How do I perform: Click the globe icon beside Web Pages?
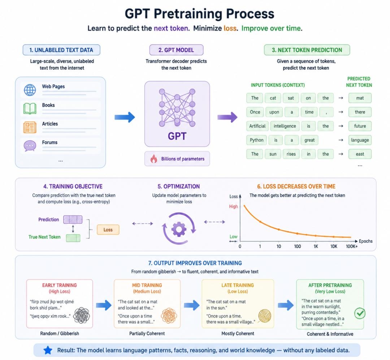pyautogui.click(x=30, y=90)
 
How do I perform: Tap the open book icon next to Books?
pyautogui.click(x=30, y=108)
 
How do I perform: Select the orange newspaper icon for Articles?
pyautogui.click(x=30, y=127)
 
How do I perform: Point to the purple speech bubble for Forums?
pyautogui.click(x=30, y=146)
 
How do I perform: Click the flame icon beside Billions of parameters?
pyautogui.click(x=154, y=159)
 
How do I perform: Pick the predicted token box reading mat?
pyautogui.click(x=360, y=98)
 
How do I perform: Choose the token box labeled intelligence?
pyautogui.click(x=285, y=126)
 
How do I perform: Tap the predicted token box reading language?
pyautogui.click(x=360, y=140)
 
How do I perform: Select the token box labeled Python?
pyautogui.click(x=256, y=140)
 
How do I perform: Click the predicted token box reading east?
pyautogui.click(x=360, y=154)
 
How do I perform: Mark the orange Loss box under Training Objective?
pyautogui.click(x=108, y=230)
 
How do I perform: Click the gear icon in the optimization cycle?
pyautogui.click(x=179, y=229)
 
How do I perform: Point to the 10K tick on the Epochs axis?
pyautogui.click(x=334, y=246)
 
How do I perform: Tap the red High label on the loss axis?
pyautogui.click(x=233, y=206)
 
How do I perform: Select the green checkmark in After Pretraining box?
pyautogui.click(x=360, y=313)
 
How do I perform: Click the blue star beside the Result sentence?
pyautogui.click(x=48, y=350)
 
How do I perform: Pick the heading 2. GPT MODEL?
pyautogui.click(x=176, y=50)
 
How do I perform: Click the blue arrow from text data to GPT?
pyautogui.click(x=125, y=117)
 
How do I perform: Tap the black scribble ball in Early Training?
pyautogui.click(x=82, y=316)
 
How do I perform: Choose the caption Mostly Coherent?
pyautogui.click(x=238, y=334)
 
